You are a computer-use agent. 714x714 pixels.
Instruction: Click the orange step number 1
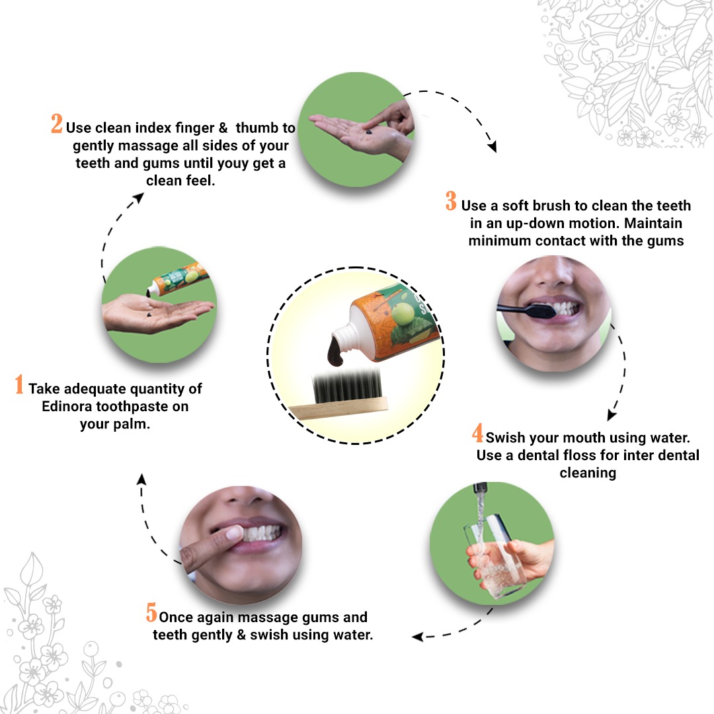point(19,385)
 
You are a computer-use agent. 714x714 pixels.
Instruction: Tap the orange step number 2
point(57,124)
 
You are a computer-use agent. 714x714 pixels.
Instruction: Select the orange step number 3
point(451,201)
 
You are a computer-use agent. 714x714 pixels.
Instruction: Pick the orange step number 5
point(151,613)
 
